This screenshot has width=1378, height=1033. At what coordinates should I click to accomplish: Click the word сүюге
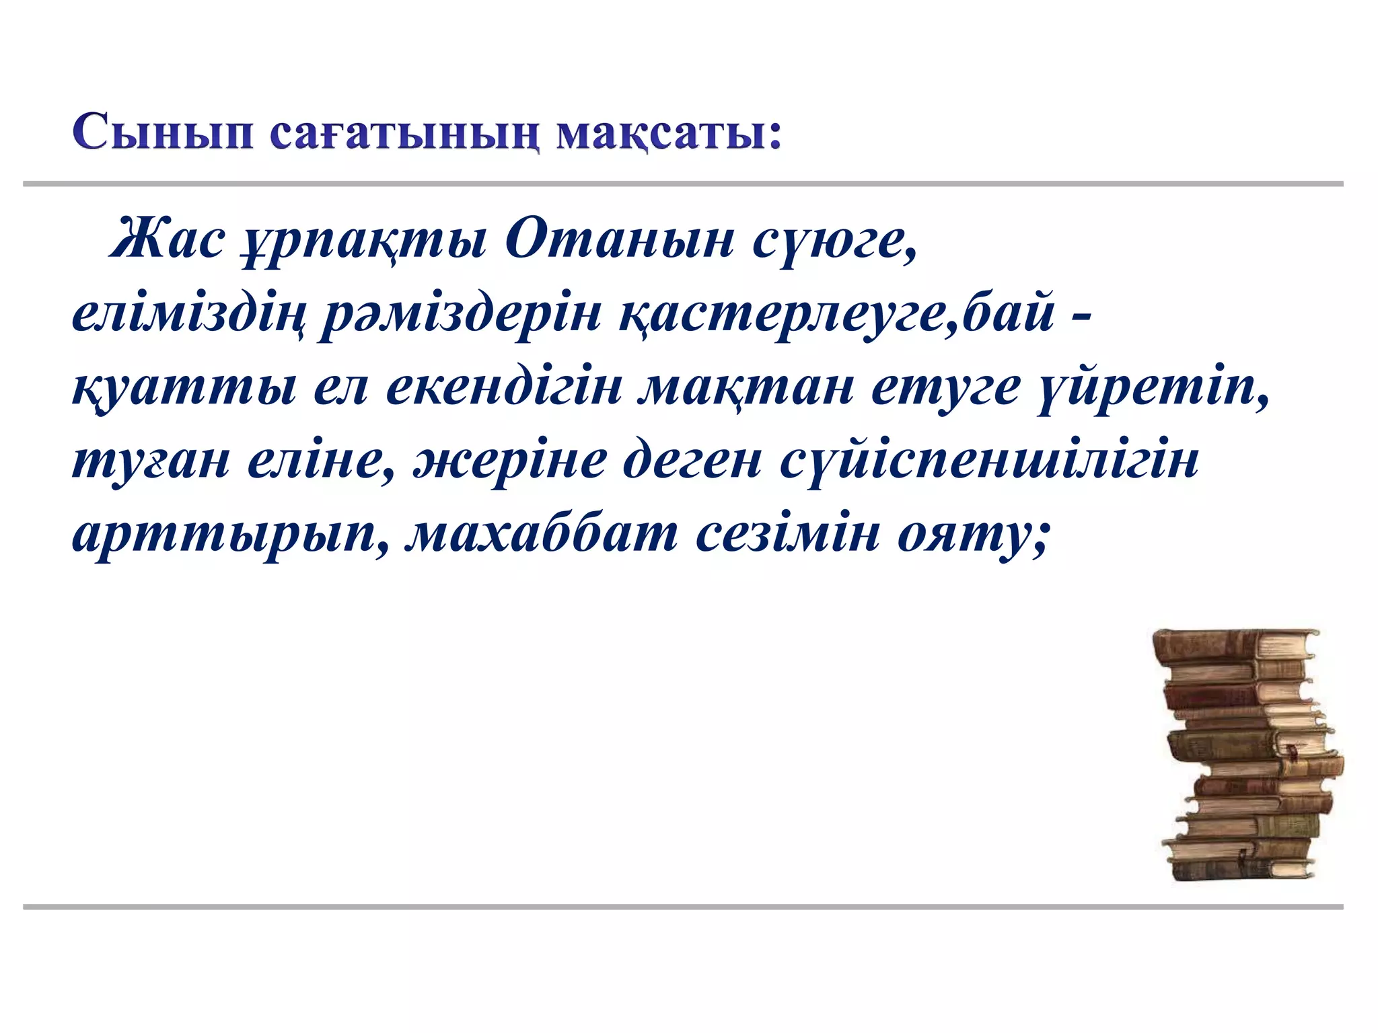click(834, 242)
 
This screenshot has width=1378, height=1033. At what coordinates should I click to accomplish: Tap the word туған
click(151, 463)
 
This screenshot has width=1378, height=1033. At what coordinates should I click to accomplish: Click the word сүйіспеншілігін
click(989, 463)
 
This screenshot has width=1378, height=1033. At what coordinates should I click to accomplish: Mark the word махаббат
click(542, 534)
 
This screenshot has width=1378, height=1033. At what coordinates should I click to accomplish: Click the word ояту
click(972, 537)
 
